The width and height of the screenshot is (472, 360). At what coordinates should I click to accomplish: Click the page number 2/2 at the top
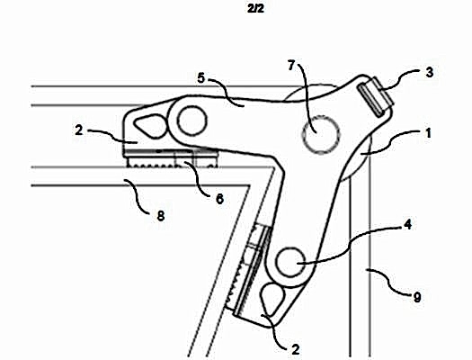[255, 8]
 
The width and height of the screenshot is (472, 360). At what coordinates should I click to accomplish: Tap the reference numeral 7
[290, 66]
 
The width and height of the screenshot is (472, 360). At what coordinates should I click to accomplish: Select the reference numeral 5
[201, 78]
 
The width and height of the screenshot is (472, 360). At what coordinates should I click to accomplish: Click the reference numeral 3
[430, 73]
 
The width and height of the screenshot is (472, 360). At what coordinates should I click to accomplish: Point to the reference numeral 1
[428, 133]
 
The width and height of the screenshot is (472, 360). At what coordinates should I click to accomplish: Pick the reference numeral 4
[407, 225]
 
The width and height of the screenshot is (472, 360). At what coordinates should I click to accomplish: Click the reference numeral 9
[417, 297]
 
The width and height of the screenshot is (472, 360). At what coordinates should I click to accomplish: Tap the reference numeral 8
[161, 216]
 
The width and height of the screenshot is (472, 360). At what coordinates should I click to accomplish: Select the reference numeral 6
[220, 199]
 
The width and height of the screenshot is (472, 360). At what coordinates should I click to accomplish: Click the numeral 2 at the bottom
[296, 350]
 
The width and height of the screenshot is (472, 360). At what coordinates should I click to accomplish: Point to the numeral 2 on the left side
[79, 130]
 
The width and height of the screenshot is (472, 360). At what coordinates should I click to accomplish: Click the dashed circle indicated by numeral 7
[321, 134]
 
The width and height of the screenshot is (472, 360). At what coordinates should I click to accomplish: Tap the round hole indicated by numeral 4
[290, 263]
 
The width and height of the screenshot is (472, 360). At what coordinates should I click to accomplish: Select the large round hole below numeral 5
[192, 121]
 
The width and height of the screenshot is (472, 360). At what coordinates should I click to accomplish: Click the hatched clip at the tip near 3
[376, 96]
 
